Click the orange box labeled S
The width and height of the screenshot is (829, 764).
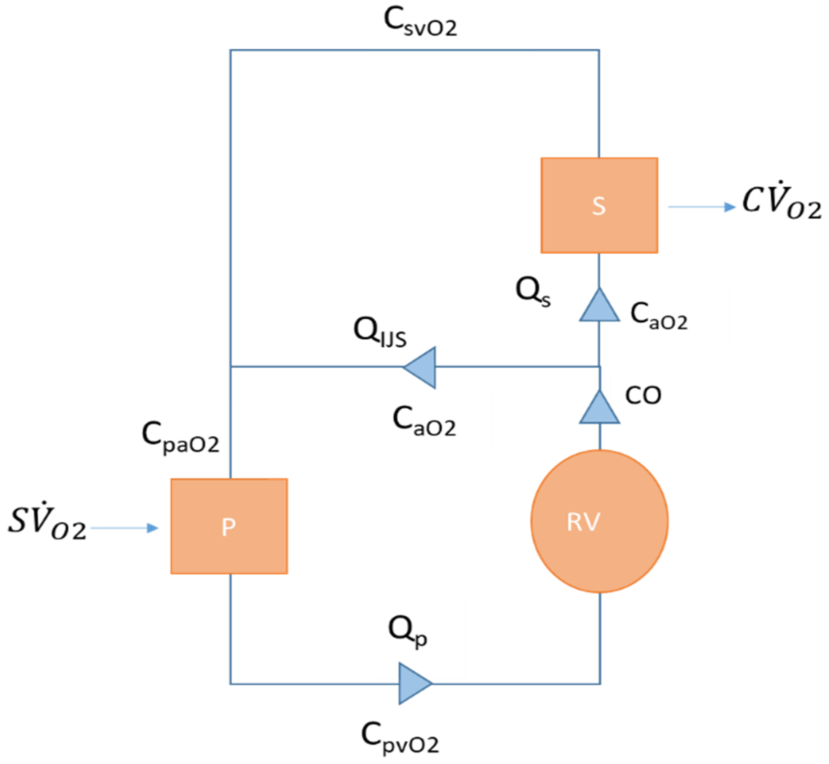coord(599,206)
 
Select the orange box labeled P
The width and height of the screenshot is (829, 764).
coord(229,526)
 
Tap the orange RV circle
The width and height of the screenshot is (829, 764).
coord(599,521)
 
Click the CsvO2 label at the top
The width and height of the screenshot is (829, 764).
coord(420,23)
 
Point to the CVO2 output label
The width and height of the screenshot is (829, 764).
coord(781,201)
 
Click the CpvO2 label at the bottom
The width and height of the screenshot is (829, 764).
coord(399,739)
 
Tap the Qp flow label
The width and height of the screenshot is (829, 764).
coord(407,632)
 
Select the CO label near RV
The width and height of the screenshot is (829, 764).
coord(643,396)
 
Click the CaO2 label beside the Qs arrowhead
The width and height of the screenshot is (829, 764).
coord(658,316)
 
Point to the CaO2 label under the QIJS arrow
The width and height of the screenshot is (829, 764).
coord(424,421)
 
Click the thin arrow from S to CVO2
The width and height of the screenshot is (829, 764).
coord(701,207)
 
